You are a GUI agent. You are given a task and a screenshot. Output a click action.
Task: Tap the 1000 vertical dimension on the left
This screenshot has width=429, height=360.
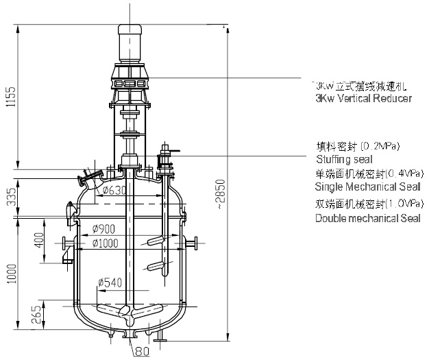[10, 273]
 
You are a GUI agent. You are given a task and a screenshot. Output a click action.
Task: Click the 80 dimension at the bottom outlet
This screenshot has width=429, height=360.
[142, 352]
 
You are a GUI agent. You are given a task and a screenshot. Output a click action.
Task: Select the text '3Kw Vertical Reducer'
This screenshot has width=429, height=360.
[362, 99]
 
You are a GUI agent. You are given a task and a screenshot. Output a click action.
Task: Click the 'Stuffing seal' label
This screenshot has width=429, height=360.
[339, 159]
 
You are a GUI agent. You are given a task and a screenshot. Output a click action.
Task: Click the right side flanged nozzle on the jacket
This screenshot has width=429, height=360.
[193, 243]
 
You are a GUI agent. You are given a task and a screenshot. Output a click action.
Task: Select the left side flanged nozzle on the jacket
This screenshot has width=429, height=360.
[66, 243]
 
